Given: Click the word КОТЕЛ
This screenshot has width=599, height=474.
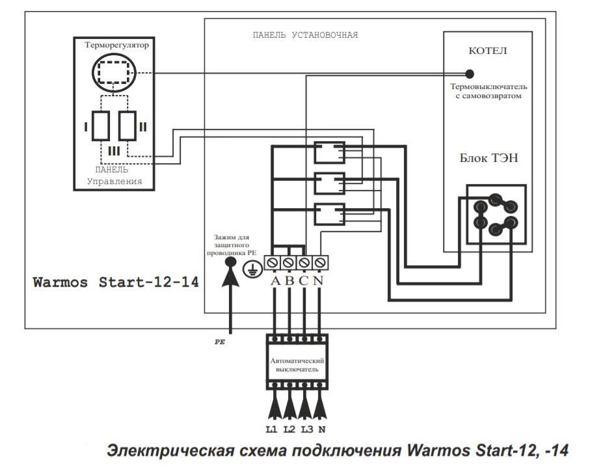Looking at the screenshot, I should [x=488, y=51].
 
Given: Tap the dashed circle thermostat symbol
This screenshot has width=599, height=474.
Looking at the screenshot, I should [x=113, y=73].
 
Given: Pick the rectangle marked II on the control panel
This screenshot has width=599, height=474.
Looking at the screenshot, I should [x=128, y=125].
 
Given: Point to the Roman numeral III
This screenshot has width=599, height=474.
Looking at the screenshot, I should [x=114, y=151].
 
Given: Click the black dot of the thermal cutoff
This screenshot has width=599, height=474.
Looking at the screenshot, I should [x=470, y=73].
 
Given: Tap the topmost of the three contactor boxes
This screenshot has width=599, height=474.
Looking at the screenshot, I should [x=328, y=153].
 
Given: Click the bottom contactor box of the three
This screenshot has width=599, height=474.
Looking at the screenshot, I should [x=328, y=214].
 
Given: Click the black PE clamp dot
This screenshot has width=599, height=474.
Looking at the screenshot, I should [x=230, y=262].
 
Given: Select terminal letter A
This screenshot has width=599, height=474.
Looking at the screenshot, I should [x=274, y=281].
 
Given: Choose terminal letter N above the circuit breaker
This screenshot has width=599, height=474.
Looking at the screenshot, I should [x=318, y=281].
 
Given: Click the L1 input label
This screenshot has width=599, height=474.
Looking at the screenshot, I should [x=271, y=429].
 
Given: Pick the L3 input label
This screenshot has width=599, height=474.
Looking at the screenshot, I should [x=306, y=429].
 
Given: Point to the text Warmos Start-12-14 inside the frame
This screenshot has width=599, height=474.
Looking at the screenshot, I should [x=116, y=283].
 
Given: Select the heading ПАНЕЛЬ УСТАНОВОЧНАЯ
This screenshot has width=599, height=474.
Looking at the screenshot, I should [x=305, y=34].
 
